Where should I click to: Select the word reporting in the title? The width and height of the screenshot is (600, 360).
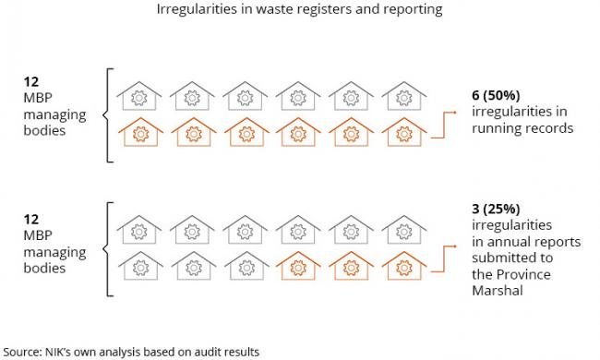(412, 10)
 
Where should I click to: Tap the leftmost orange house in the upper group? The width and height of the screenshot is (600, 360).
(141, 133)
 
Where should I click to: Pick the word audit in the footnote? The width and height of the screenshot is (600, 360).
(208, 351)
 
